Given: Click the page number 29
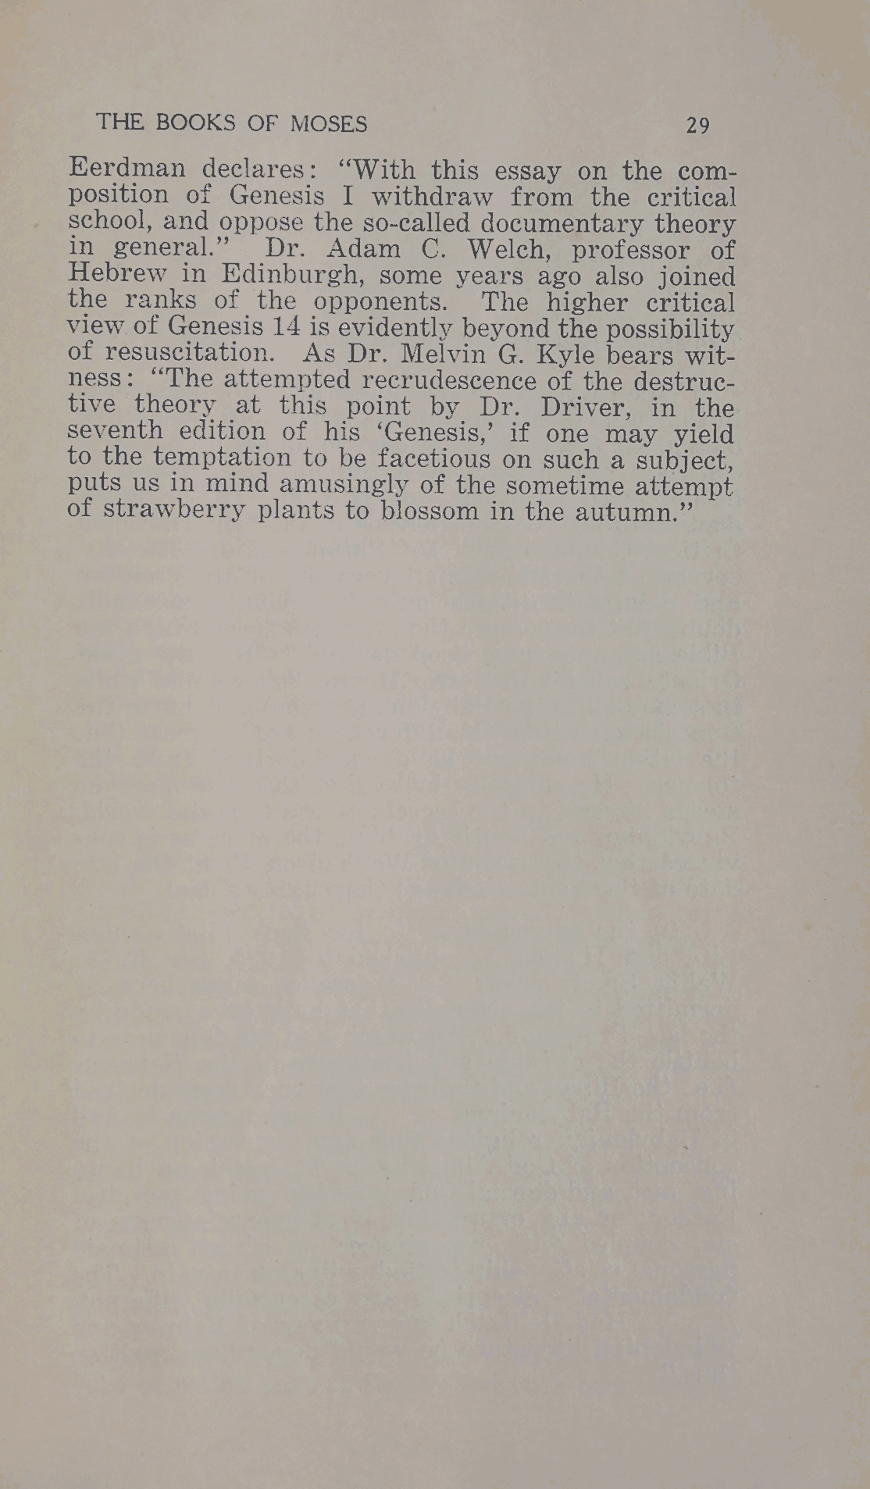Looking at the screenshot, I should point(697,125).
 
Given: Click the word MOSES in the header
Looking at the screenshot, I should point(328,123).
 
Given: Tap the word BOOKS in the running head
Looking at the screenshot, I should point(195,123).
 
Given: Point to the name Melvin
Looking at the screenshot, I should point(444,354).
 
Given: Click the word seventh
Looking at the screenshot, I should point(116,432).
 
